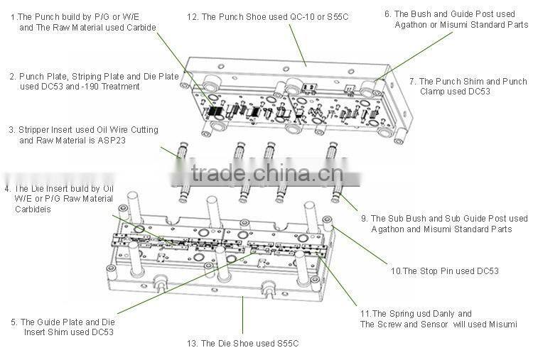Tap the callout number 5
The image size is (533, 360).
[x=14, y=322]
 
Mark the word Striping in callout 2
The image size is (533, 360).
[x=83, y=76]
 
